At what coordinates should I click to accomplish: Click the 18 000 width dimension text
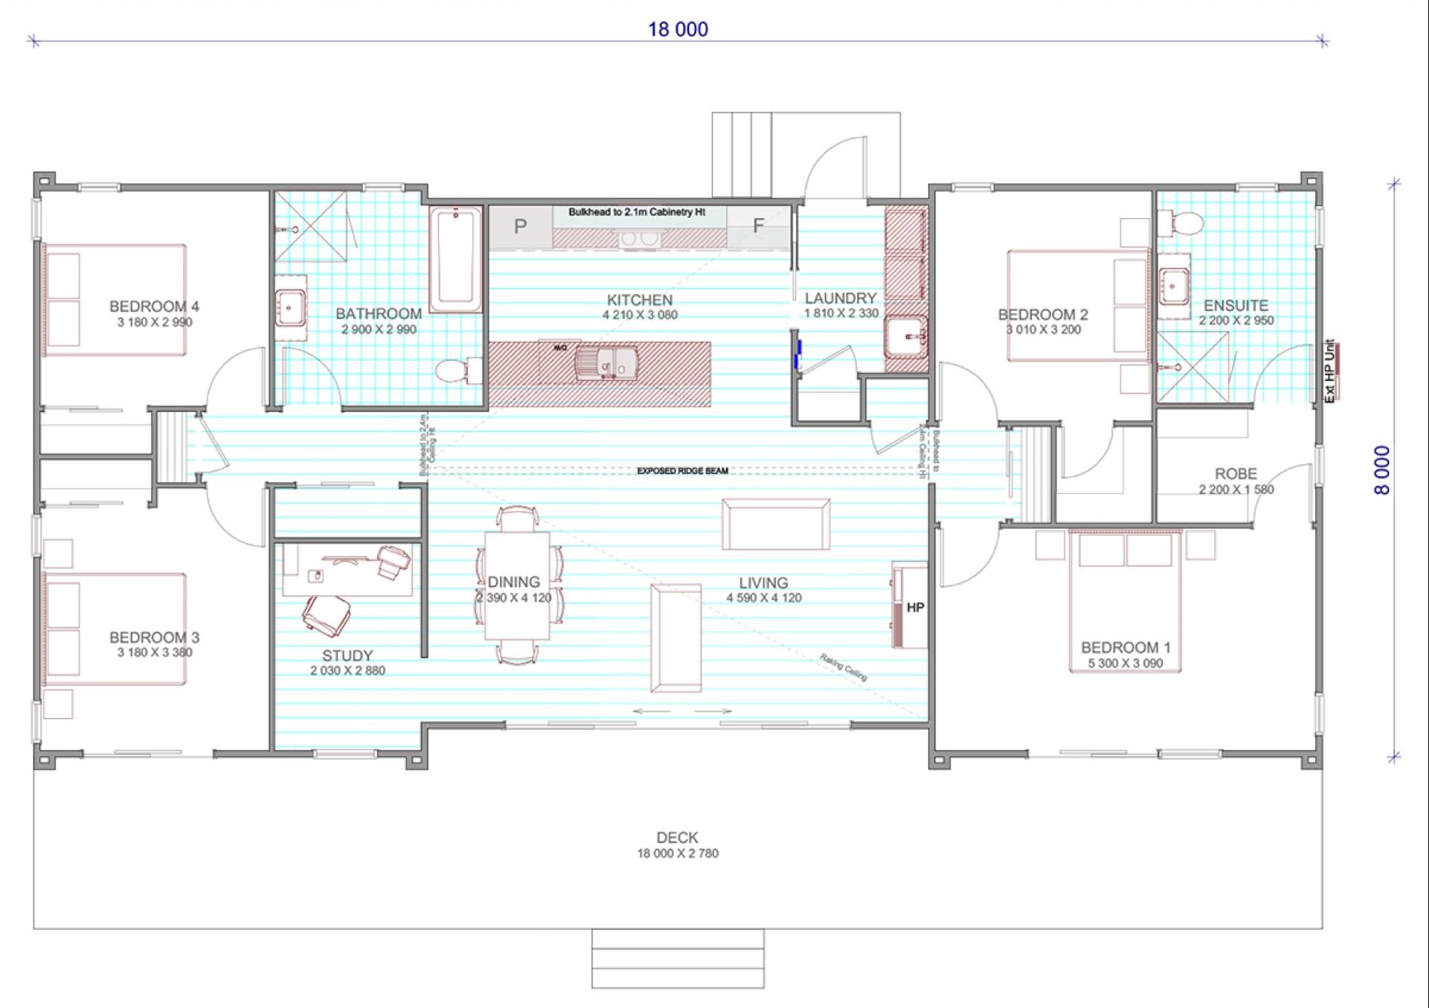(678, 29)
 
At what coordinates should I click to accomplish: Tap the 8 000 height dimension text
(1382, 470)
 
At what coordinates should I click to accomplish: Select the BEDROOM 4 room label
(154, 306)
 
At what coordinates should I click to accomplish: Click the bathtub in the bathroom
(455, 260)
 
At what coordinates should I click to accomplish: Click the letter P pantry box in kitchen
(520, 226)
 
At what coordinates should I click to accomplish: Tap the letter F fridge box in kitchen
(758, 225)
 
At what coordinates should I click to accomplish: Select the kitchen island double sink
(606, 365)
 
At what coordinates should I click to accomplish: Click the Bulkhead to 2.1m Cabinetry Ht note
(637, 212)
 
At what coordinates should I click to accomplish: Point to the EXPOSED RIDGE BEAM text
(682, 471)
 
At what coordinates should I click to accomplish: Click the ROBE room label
(1236, 474)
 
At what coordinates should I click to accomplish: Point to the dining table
(517, 585)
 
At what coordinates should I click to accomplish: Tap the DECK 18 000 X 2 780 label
(677, 845)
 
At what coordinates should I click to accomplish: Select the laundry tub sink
(905, 338)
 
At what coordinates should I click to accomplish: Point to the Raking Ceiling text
(844, 667)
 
